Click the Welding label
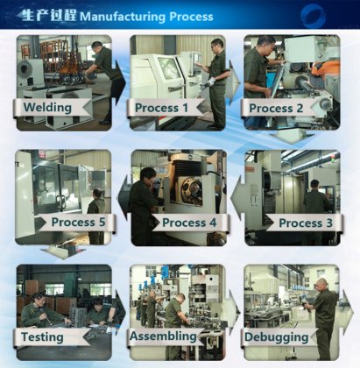point(47,108)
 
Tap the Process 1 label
point(161,108)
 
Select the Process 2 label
point(276,109)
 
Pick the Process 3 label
point(306,223)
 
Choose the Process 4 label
point(189,223)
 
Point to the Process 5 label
point(78,222)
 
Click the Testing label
point(42,337)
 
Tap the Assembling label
point(163,336)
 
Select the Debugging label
point(277,337)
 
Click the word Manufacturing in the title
point(123,17)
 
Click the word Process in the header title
point(191,17)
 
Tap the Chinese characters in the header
point(49,15)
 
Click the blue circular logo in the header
point(314,17)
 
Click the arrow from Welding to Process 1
point(120,83)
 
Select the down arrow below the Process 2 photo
point(292,136)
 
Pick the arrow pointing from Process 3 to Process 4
point(237,198)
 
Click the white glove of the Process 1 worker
point(210,81)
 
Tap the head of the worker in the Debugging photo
point(321,284)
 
